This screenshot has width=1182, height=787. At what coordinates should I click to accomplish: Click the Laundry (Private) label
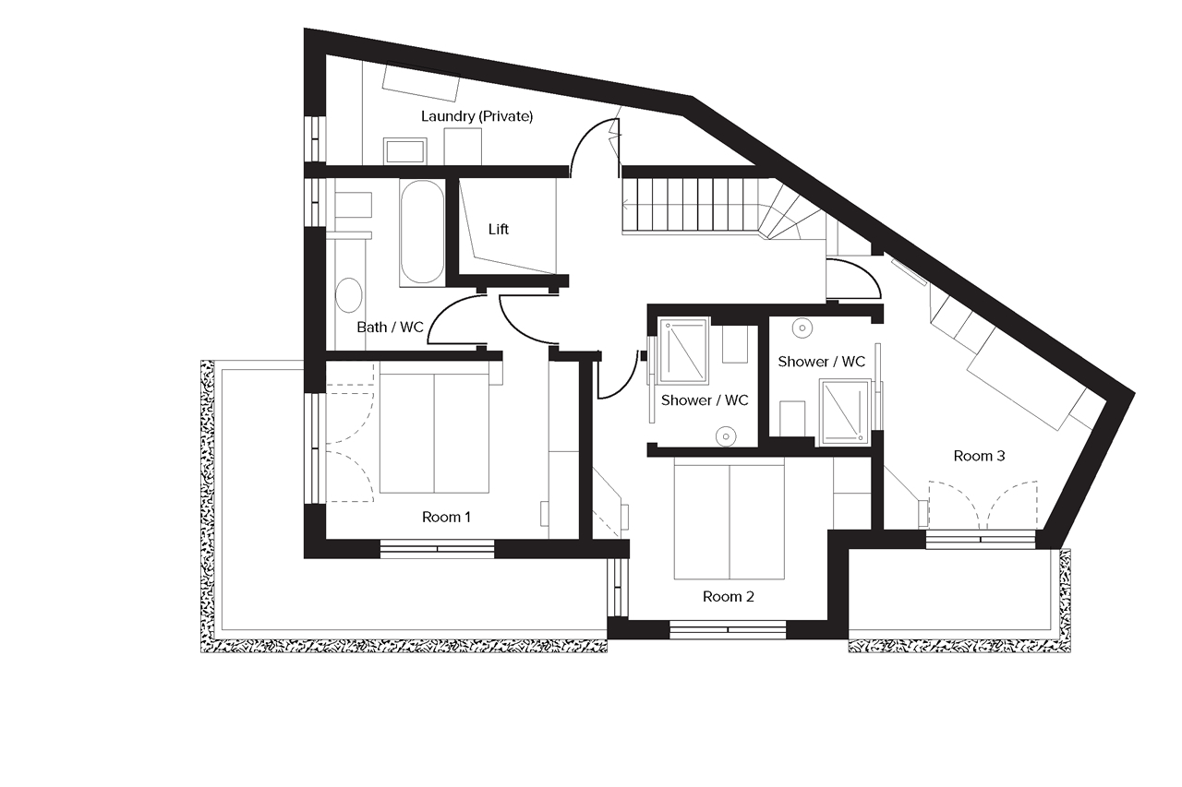[476, 117]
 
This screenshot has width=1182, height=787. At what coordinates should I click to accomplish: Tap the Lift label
[499, 229]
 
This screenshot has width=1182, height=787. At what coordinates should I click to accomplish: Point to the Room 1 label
[446, 517]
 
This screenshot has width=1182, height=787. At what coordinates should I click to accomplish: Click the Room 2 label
[728, 596]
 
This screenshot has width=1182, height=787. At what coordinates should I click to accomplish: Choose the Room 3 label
[979, 456]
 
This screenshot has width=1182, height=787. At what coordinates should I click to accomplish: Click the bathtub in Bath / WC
[422, 232]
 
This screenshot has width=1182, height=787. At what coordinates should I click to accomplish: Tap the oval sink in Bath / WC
[349, 295]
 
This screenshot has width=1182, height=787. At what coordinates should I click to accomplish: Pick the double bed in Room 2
[730, 520]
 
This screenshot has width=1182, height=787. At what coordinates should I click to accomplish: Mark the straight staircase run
[693, 205]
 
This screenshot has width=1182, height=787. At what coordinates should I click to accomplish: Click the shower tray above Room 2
[683, 350]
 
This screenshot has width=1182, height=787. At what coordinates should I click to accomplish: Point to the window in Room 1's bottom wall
[438, 549]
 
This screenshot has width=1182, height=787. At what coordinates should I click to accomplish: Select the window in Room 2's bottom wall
[728, 630]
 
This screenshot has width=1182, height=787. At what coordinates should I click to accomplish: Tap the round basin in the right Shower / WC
[802, 326]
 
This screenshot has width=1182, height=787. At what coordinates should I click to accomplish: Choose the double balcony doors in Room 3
[982, 506]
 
